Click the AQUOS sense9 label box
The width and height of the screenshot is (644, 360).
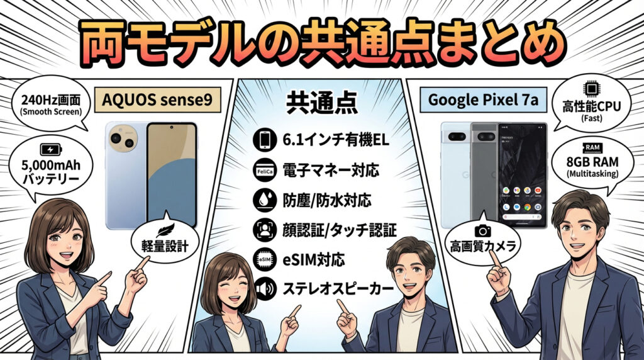(158, 99)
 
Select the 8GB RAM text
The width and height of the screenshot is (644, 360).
(592, 162)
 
